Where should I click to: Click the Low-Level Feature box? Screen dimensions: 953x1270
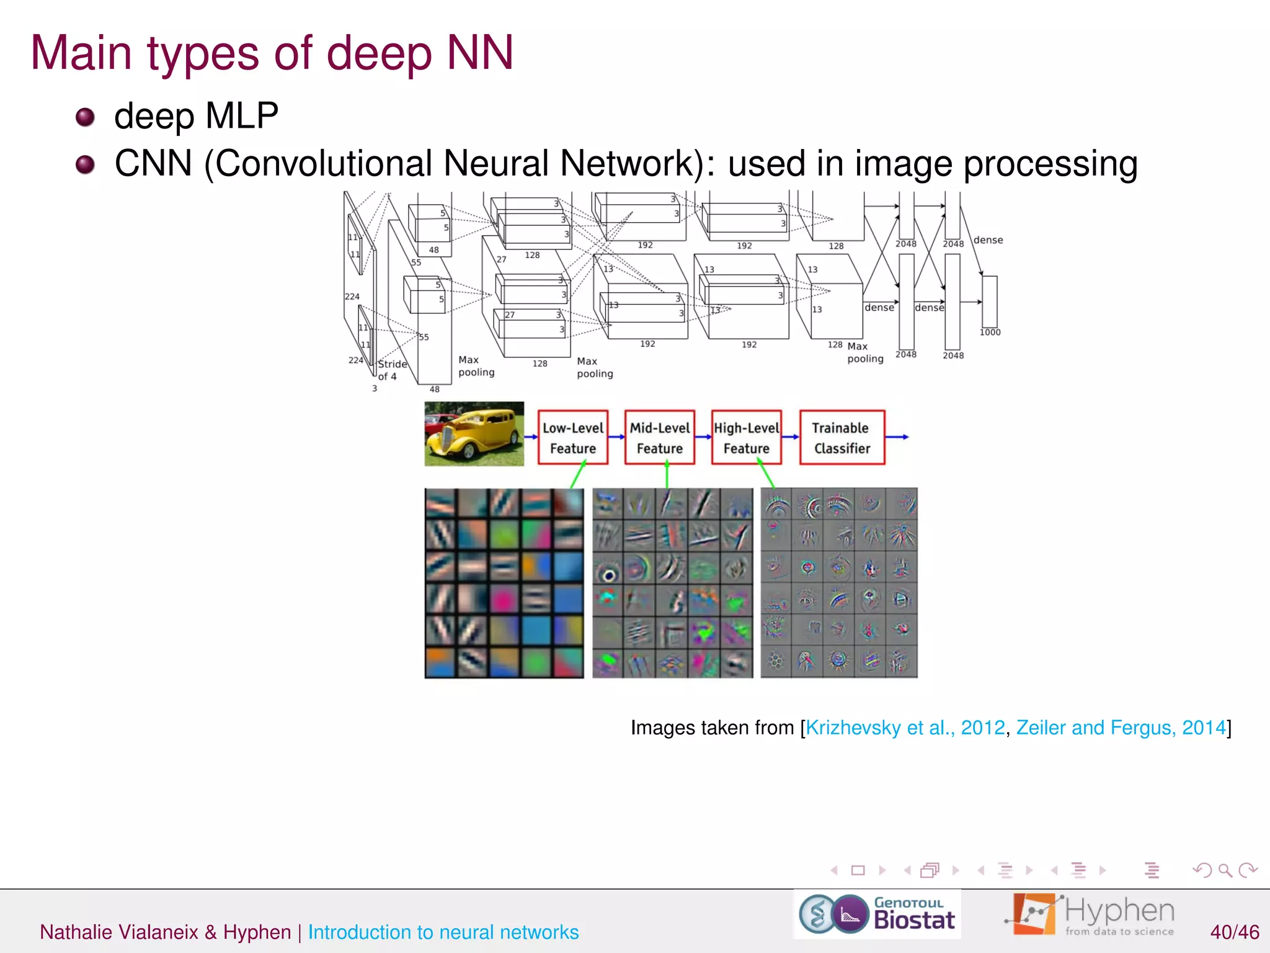point(572,437)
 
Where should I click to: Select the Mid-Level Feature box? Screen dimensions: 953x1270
point(659,437)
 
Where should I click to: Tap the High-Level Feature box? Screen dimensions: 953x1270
point(746,437)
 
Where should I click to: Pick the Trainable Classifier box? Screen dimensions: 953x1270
point(841,437)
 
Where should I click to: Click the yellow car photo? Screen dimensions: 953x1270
point(474,434)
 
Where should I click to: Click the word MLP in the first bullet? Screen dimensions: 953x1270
point(242,116)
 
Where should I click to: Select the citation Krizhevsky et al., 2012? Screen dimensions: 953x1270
point(905,727)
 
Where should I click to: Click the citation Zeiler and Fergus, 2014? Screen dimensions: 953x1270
point(1121,727)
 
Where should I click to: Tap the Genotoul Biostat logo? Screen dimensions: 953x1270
point(877,915)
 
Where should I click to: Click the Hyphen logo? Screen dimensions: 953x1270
point(1090,915)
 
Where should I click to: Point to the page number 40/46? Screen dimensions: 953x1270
point(1234,932)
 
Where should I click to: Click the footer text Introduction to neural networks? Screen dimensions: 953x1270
point(443,932)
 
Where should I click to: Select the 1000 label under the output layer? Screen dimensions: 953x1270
point(990,333)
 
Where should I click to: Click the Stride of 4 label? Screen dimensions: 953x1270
point(391,370)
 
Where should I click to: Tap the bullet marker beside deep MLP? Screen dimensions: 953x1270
point(85,117)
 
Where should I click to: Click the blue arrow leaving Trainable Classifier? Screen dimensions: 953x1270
point(897,437)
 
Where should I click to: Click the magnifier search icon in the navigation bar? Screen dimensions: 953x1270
point(1225,870)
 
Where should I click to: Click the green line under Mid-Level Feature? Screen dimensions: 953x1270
point(667,475)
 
